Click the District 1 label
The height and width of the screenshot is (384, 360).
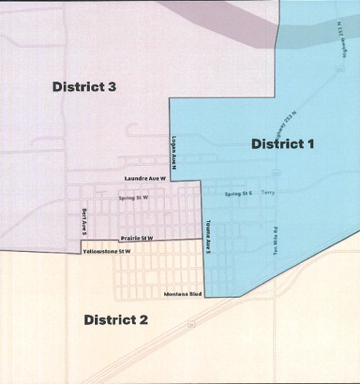point(282,144)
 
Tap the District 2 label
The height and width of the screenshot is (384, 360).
point(116,319)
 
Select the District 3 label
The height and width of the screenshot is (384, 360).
point(84,87)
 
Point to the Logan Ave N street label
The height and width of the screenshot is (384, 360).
point(176,154)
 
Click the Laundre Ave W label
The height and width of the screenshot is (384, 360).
point(146,178)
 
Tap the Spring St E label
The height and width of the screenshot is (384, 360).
point(238,194)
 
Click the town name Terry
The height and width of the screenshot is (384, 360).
point(267,194)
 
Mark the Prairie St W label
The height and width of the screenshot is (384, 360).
point(136,238)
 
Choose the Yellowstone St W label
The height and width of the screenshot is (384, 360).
point(107,251)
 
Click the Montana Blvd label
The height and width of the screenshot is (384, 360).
point(183,294)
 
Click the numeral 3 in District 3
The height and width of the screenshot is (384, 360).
point(112,87)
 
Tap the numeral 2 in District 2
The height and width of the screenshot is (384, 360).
point(144,319)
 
